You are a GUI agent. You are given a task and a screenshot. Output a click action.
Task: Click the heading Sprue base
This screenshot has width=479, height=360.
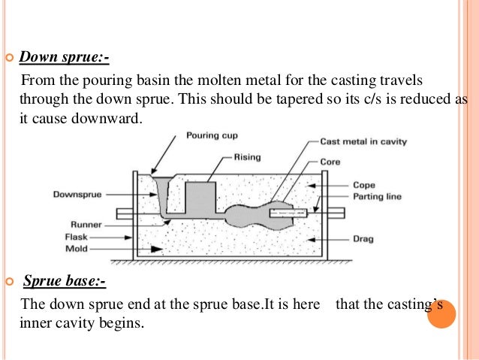[65, 283]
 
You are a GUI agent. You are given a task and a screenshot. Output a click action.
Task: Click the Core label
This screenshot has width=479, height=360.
[330, 161]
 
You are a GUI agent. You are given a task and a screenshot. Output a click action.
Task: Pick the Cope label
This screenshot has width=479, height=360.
[365, 184]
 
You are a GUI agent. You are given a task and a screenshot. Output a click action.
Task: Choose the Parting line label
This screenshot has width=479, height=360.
[377, 197]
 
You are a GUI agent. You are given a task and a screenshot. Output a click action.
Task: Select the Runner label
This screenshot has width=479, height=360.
[86, 224]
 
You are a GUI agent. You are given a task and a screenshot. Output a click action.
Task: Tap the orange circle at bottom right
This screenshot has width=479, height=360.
[441, 313]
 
